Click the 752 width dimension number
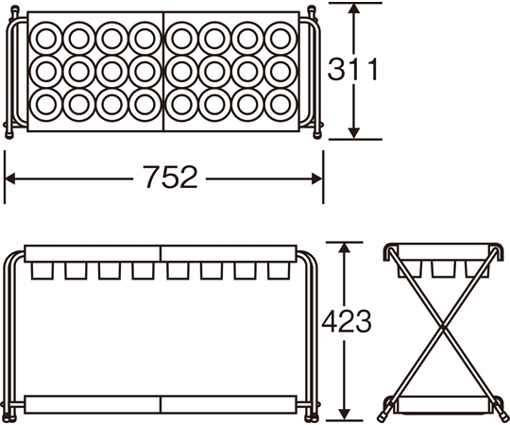coord(170,177)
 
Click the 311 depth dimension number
coord(353,69)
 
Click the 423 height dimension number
coord(347,321)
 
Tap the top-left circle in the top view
coord(46,38)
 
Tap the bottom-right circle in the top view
coord(280,105)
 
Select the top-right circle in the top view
coord(280,38)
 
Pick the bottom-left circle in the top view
coord(46,105)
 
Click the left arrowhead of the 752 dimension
coord(10,178)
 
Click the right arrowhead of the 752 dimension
coord(316,178)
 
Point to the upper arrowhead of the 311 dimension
coord(354,8)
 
